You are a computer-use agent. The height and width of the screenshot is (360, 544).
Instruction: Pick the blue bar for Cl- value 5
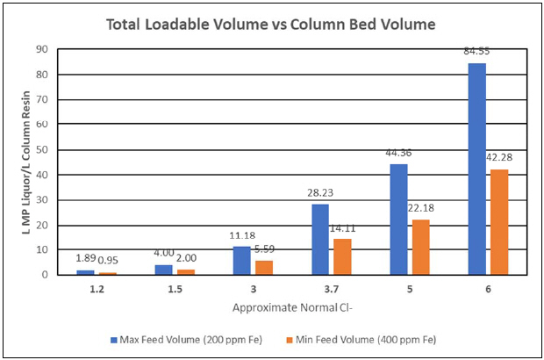click(x=398, y=220)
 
